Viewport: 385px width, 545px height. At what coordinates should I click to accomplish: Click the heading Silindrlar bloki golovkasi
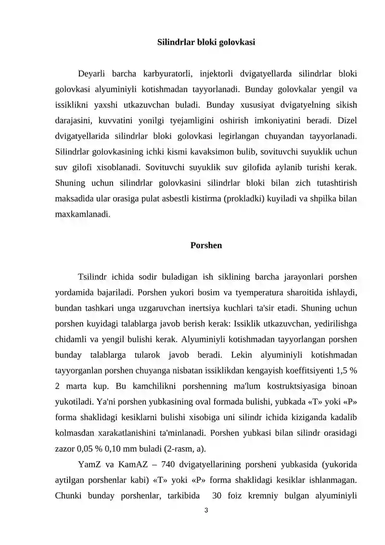206,42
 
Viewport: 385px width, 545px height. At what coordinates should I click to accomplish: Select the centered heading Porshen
206,245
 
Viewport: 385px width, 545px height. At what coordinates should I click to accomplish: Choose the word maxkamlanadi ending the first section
82,214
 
